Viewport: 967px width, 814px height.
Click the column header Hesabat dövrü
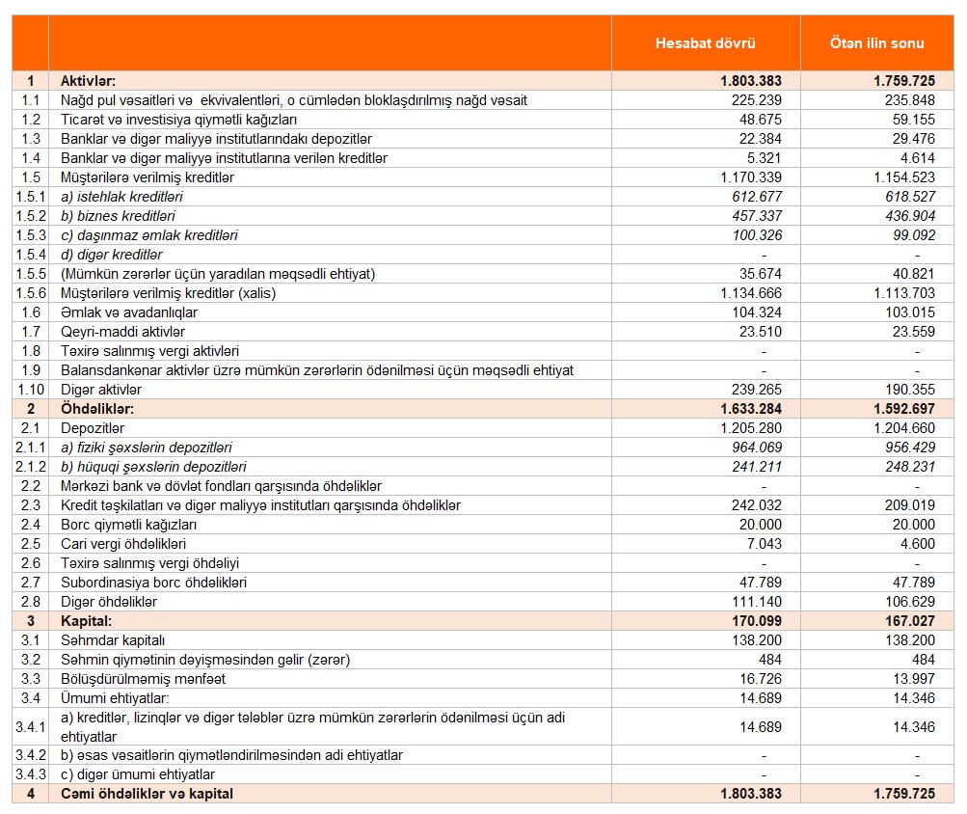705,43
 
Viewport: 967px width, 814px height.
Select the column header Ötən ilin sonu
876,43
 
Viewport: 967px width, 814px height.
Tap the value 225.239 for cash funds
757,100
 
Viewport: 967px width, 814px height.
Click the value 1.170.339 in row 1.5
750,177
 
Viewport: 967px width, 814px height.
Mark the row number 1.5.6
30,293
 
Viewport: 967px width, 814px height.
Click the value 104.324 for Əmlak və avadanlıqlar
757,312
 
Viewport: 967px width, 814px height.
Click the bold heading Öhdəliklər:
97,409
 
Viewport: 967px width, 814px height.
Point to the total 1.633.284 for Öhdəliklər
750,409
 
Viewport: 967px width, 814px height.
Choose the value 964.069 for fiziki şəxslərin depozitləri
757,448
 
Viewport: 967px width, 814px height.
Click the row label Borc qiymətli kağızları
128,525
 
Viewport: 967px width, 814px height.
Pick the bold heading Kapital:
86,621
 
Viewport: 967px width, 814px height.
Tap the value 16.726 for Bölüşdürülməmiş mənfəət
760,679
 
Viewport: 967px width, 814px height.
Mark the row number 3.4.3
30,774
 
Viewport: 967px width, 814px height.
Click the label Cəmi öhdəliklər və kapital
147,794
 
